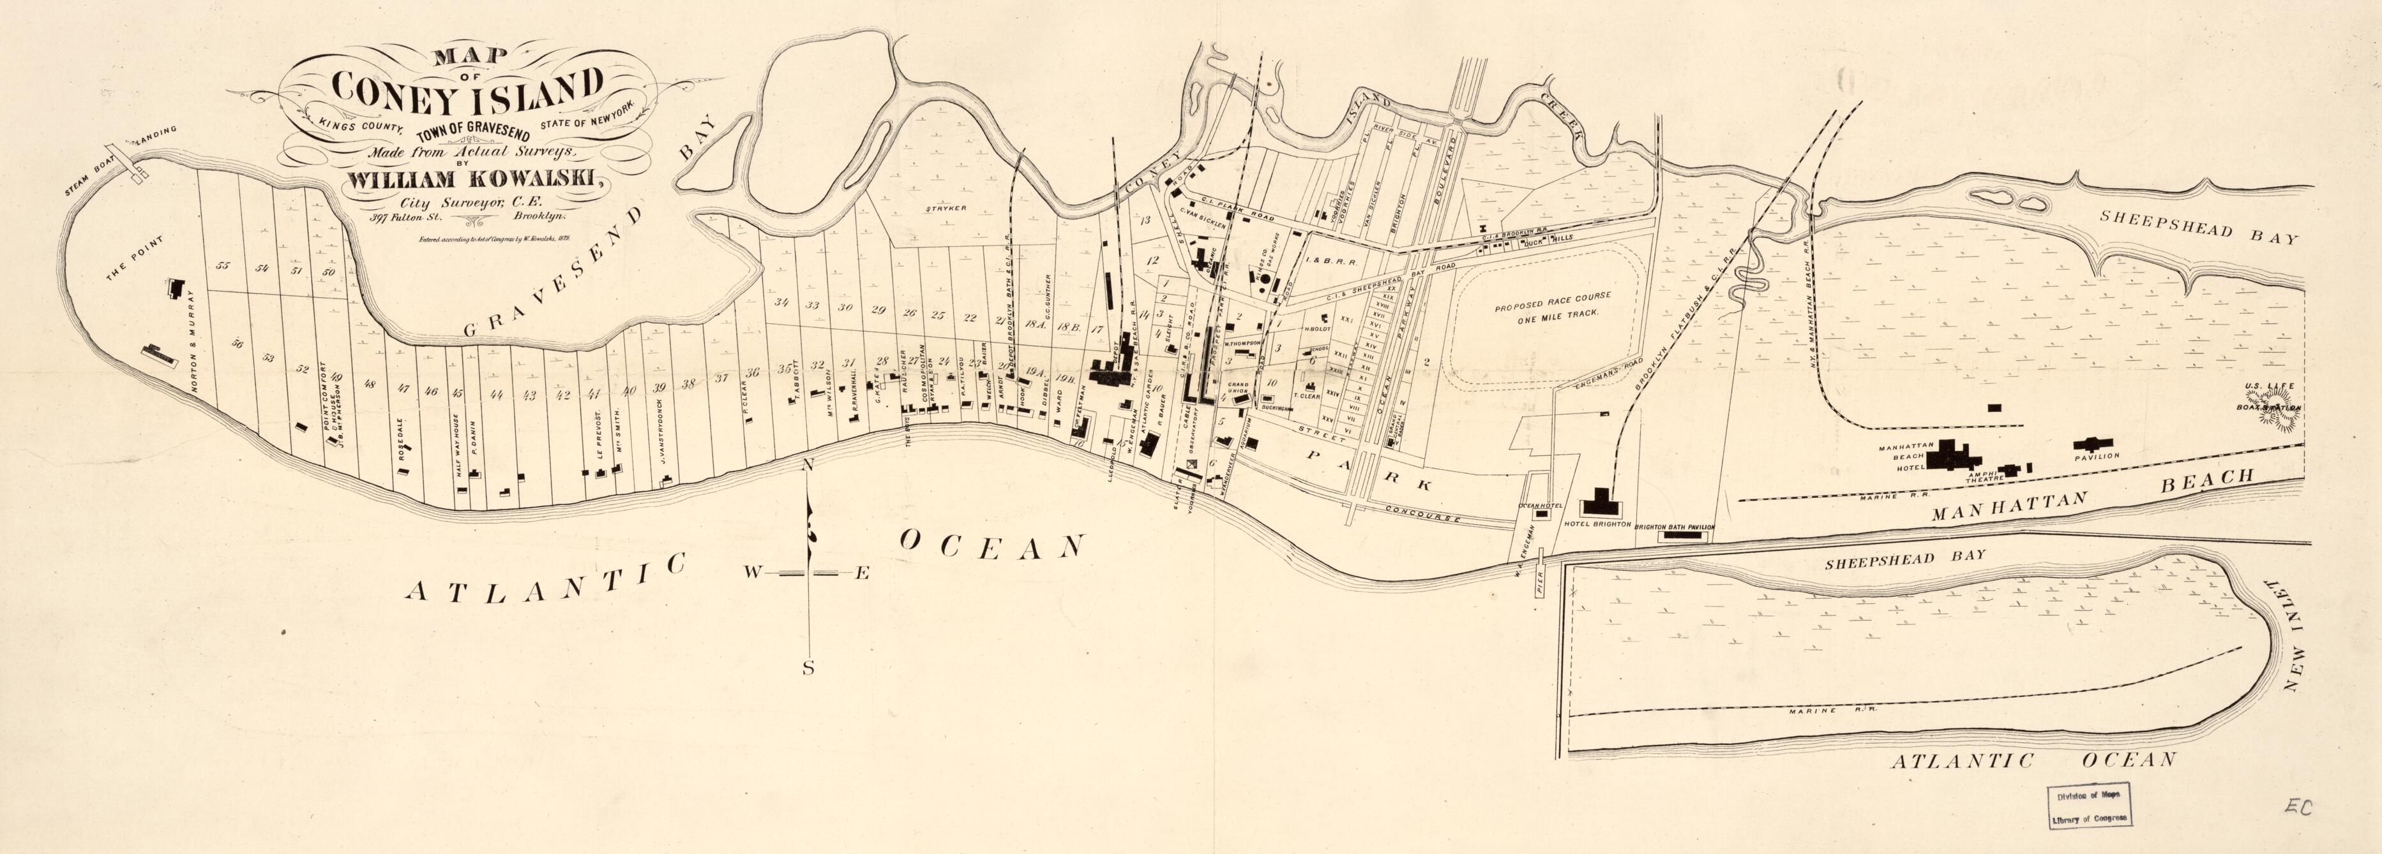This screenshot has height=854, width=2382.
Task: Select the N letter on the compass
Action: [807, 466]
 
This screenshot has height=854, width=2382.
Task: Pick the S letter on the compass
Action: [807, 669]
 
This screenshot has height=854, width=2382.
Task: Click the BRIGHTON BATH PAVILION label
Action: [1675, 527]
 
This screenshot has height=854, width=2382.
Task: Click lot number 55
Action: [222, 266]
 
